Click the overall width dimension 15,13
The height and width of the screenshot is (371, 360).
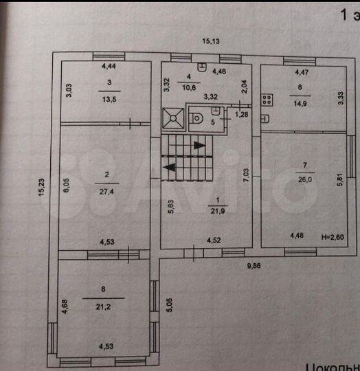click(x=210, y=41)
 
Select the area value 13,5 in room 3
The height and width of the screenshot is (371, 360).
click(x=109, y=98)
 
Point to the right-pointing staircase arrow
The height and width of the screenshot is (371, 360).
click(x=198, y=145)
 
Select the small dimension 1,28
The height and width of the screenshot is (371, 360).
click(x=241, y=113)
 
